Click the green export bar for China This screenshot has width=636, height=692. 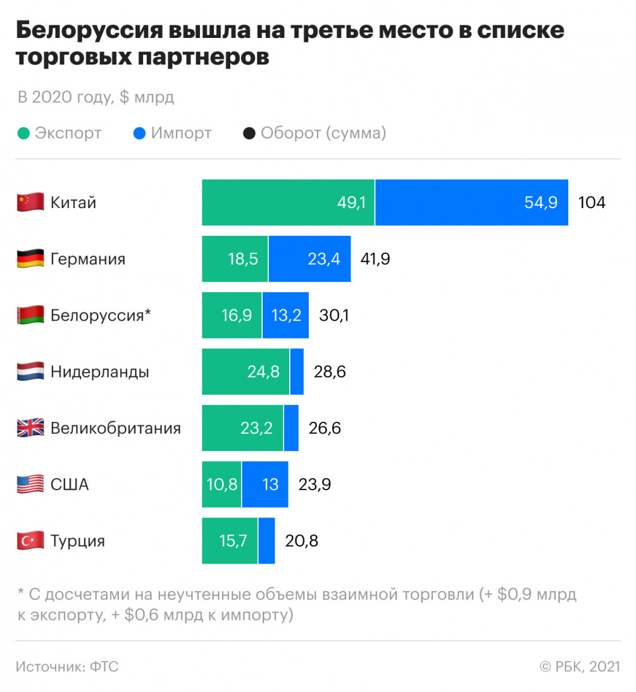coord(288,202)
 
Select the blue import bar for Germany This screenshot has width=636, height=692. coord(309,259)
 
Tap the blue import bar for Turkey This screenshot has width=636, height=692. coord(266,541)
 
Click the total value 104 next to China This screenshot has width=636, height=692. coord(592,202)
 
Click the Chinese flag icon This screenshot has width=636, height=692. coord(30,202)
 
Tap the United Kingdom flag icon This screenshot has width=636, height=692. coord(30,428)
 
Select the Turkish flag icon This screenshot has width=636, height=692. coord(30,541)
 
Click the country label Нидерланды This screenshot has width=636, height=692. coord(99,371)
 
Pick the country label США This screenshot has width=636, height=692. coord(70,485)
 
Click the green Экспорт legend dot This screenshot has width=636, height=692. coord(23,133)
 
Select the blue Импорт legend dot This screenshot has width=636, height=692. coord(139,133)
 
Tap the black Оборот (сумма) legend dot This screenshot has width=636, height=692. coord(249,133)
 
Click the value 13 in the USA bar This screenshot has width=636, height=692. coord(270,485)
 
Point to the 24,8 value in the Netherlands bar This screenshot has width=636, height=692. coord(263,371)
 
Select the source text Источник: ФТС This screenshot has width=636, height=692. coord(67,666)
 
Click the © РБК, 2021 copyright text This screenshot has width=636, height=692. coord(579,666)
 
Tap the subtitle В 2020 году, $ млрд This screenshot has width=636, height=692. coord(95,97)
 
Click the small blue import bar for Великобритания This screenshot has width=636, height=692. coord(291,428)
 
